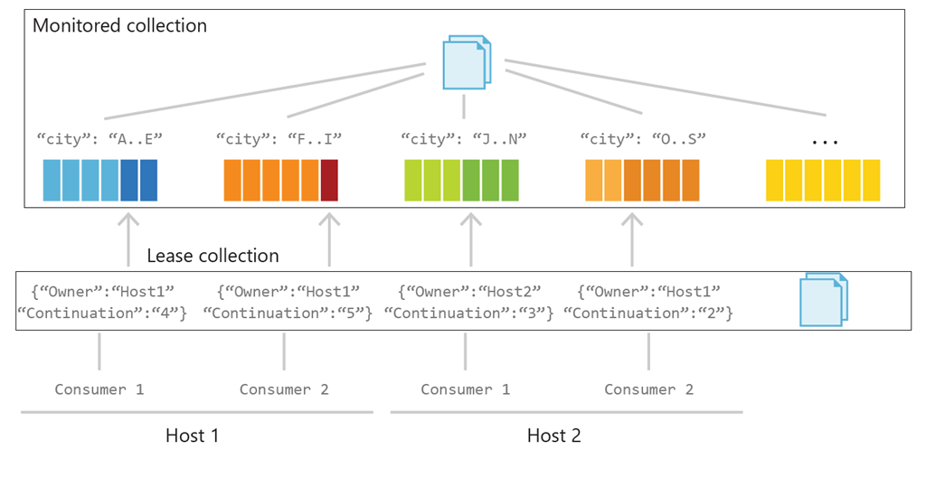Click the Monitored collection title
click(x=119, y=25)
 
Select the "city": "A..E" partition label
click(x=99, y=139)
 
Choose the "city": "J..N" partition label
click(x=463, y=139)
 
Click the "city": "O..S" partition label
click(x=642, y=139)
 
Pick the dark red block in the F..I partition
click(x=329, y=180)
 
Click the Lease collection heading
click(x=213, y=256)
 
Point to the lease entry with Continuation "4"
click(x=101, y=302)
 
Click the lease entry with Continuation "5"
click(x=287, y=302)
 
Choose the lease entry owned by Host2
click(x=468, y=302)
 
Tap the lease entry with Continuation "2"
click(x=647, y=302)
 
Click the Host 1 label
click(x=192, y=435)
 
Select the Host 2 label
click(x=553, y=435)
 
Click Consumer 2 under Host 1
click(x=284, y=389)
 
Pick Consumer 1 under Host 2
click(x=465, y=389)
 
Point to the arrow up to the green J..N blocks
click(x=470, y=239)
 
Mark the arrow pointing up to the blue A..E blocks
click(x=128, y=239)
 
